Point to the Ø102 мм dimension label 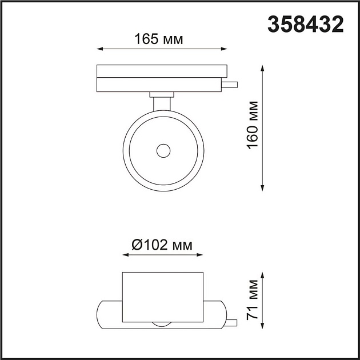(x=162, y=245)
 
